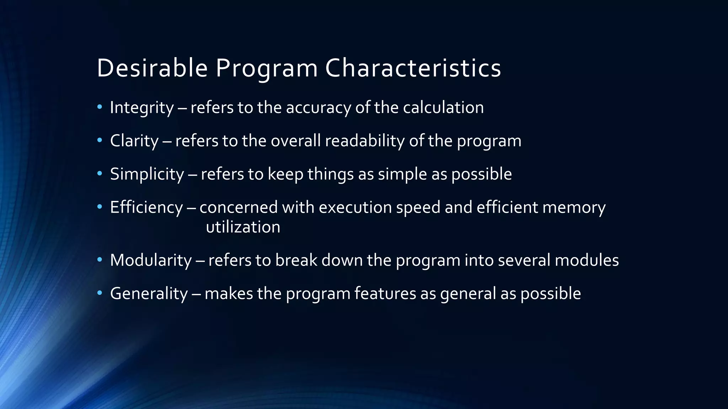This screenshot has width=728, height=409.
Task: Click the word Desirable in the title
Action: pos(152,68)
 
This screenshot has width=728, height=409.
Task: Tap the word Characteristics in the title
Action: pos(413,68)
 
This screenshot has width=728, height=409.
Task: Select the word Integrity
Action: pos(141,108)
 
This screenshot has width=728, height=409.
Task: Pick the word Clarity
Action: pos(134,141)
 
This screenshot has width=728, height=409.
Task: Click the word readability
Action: pos(365,141)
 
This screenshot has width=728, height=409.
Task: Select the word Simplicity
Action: pos(147,174)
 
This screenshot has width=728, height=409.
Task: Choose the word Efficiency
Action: pos(146,207)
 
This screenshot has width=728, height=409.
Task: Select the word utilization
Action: pos(243,227)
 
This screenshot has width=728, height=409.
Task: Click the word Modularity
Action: pos(151,260)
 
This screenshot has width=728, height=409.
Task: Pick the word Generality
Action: pos(149,294)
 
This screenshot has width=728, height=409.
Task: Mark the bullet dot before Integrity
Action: pos(100,107)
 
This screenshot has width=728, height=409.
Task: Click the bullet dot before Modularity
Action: pos(100,260)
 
